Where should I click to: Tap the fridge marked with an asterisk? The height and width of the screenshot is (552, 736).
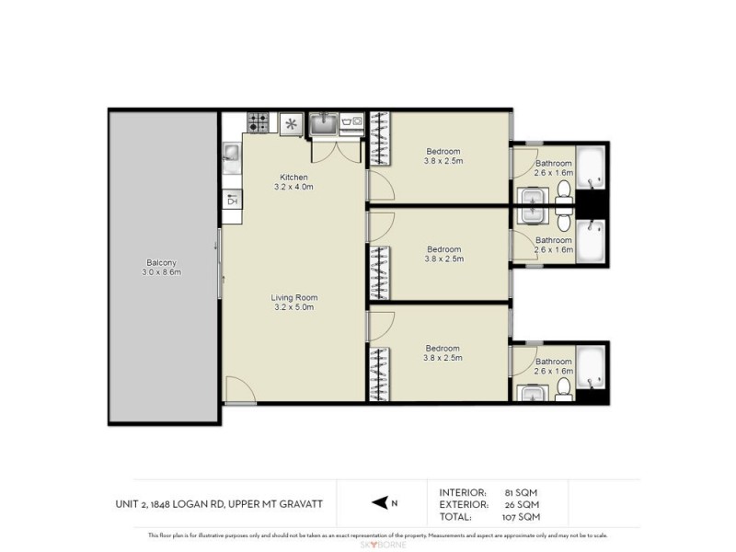[x=292, y=122]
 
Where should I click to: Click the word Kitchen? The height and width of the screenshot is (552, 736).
[x=294, y=178]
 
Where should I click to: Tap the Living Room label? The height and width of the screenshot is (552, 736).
[x=293, y=297]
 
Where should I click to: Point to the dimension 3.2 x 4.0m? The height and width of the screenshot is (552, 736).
[x=294, y=188]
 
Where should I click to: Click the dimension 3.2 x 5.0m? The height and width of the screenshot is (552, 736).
[x=293, y=307]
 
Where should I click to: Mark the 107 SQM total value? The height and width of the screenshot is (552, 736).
[x=521, y=516]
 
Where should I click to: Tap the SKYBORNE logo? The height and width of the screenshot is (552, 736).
[x=368, y=545]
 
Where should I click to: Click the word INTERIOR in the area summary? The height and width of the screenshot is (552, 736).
[x=464, y=492]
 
